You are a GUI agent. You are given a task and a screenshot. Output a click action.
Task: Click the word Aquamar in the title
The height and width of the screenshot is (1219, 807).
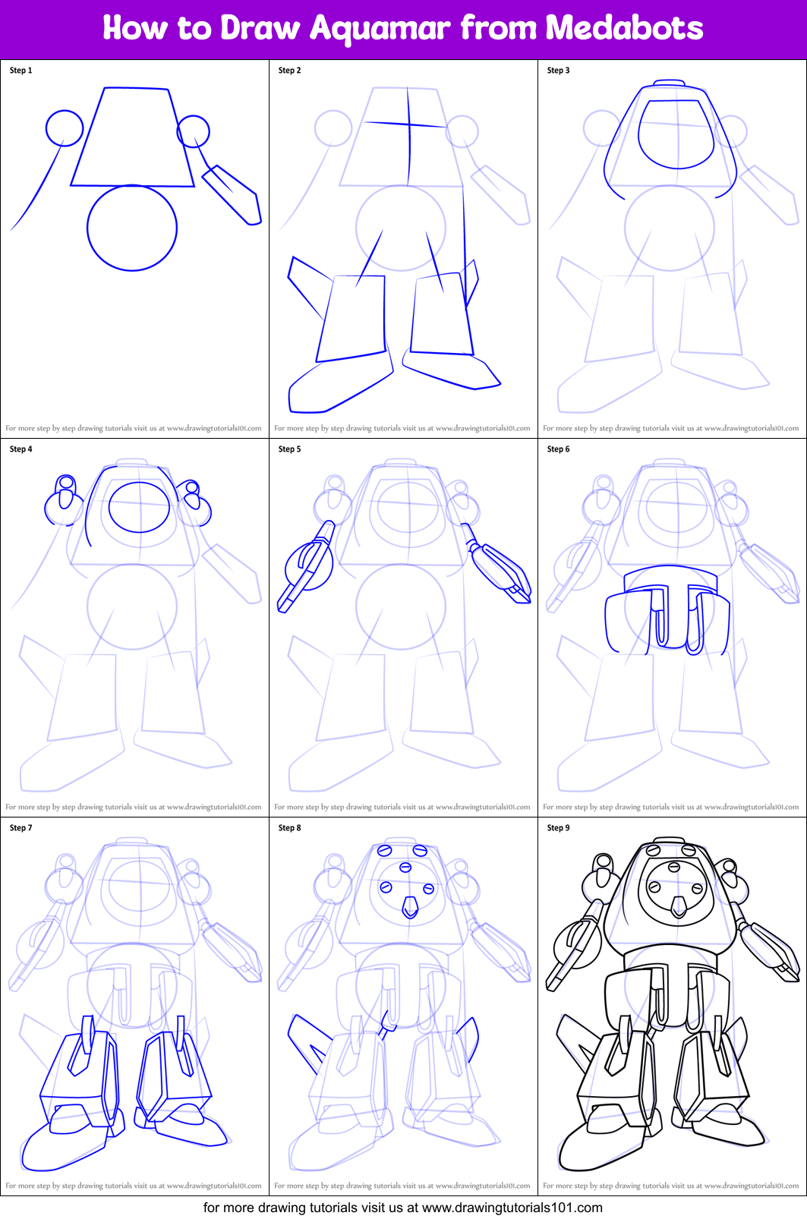[380, 29]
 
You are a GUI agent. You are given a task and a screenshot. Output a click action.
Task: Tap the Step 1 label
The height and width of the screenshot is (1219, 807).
[20, 71]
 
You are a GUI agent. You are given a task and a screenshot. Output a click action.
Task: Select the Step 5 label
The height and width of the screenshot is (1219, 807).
[289, 449]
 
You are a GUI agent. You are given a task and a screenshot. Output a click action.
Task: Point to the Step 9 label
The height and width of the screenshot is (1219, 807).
[558, 828]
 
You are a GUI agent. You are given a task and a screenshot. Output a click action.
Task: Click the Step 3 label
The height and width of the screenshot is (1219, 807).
[558, 71]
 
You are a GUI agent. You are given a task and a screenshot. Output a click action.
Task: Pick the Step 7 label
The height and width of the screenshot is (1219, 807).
[20, 828]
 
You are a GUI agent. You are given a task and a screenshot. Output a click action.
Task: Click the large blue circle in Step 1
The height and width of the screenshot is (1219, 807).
[132, 228]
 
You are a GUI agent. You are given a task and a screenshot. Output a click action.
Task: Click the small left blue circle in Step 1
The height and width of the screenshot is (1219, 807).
[65, 128]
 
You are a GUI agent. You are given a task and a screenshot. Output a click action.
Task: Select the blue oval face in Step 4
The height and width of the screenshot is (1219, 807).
[139, 507]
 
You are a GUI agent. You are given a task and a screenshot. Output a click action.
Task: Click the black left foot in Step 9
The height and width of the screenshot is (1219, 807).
[600, 1146]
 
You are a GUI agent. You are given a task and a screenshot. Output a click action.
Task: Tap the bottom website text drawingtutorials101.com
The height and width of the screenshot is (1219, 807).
[512, 1208]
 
